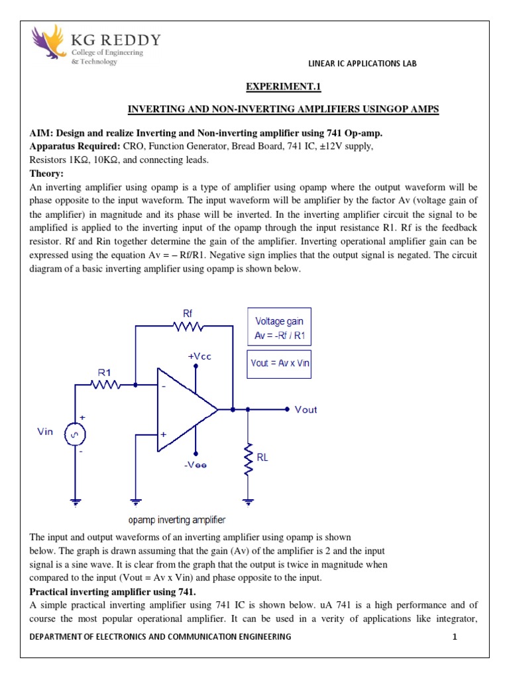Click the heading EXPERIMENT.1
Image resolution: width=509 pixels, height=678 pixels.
(x=283, y=87)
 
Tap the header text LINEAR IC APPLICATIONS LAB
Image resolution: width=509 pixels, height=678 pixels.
(x=362, y=64)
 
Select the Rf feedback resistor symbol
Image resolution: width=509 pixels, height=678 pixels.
(x=188, y=325)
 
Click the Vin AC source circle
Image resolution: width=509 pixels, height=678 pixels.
(x=74, y=434)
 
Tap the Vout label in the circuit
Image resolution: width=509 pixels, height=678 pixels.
(x=306, y=410)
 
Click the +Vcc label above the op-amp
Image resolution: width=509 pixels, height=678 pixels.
(x=199, y=356)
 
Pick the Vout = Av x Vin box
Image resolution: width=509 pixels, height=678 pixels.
(x=278, y=363)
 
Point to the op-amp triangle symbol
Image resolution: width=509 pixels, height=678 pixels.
(x=183, y=410)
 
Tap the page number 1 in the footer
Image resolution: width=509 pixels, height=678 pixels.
(x=455, y=637)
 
